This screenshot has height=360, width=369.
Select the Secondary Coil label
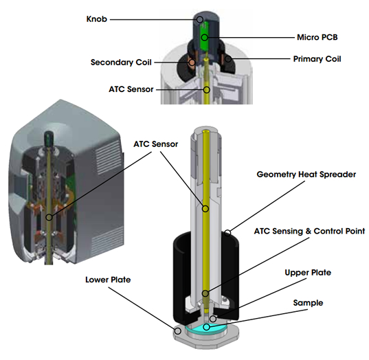(x=122, y=63)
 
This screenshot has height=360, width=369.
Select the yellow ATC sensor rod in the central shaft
(x=207, y=206)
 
